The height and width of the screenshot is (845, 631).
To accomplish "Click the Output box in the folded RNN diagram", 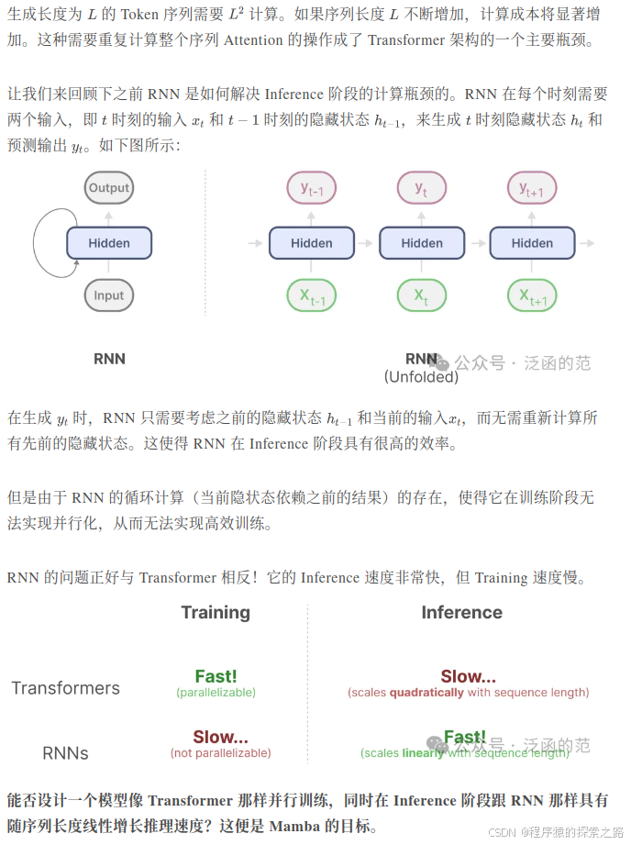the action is (109, 188).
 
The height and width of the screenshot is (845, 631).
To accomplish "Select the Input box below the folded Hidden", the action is (109, 295).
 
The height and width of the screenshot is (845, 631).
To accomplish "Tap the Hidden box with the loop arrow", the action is (109, 243).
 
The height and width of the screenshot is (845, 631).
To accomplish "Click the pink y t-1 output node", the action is (312, 189).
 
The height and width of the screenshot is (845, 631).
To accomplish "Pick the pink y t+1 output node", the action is (532, 189).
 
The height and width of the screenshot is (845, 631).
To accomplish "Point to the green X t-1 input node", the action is (312, 296).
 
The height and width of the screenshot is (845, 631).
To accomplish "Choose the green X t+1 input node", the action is (532, 296).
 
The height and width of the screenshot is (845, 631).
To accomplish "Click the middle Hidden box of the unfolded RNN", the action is (422, 243).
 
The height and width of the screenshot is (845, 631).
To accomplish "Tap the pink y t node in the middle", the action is (422, 189).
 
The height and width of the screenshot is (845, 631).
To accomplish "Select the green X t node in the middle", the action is (422, 296).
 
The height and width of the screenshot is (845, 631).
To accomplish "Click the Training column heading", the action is (216, 613).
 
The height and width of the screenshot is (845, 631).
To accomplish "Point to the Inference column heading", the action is (461, 613).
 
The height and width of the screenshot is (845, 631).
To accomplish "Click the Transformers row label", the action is (65, 688).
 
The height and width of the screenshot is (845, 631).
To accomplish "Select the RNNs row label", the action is (65, 753).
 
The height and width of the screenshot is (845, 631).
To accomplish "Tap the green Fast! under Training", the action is (216, 677).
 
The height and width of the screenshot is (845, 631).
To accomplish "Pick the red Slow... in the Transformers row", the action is (468, 677).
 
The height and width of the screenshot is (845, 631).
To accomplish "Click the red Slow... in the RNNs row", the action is (220, 738).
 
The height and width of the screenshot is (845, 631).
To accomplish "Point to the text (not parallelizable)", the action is (220, 753).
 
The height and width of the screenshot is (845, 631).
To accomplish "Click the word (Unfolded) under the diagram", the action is (421, 376).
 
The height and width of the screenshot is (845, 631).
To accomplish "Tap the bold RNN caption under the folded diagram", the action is (109, 359).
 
